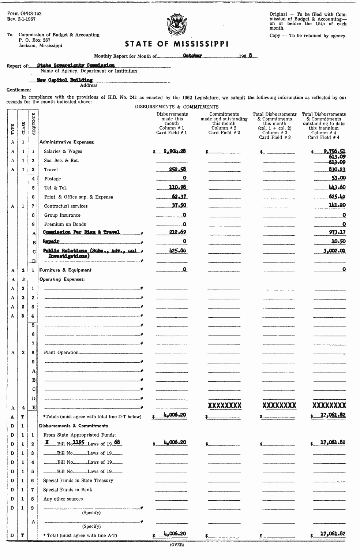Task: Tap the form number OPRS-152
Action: [25, 14]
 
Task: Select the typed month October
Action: [192, 56]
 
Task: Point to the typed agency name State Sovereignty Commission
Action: [76, 66]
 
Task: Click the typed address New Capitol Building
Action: [65, 80]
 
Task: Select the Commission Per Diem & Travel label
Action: [81, 232]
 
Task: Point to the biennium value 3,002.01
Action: [334, 251]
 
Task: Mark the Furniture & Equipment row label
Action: [65, 270]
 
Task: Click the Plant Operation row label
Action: [61, 352]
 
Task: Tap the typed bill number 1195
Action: [79, 443]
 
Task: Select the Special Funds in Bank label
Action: [68, 490]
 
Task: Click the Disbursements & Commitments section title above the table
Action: [177, 107]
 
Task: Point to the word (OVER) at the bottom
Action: [177, 545]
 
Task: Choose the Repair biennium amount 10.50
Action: [338, 242]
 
